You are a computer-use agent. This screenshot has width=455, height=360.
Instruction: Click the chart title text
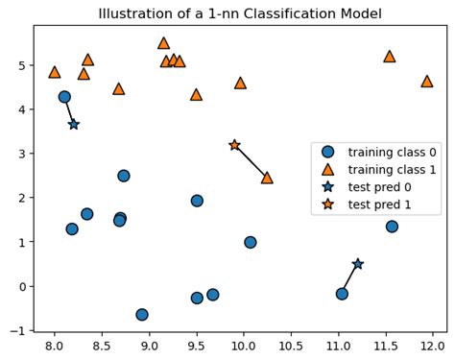point(240,13)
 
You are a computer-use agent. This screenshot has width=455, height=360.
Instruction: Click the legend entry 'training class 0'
point(379,152)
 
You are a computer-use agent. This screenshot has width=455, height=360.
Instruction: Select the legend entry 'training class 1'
point(379,169)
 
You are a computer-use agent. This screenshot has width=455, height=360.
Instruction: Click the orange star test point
point(234,145)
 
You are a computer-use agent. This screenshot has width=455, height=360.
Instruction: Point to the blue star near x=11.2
point(357,263)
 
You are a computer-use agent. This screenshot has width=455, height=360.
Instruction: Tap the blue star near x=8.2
point(74,124)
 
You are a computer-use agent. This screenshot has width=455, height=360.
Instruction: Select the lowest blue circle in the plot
point(142,314)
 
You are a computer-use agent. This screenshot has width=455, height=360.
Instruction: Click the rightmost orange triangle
point(426,82)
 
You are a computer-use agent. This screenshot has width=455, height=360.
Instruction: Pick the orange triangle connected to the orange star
point(267,178)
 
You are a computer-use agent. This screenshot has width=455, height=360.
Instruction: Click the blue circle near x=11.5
point(392,227)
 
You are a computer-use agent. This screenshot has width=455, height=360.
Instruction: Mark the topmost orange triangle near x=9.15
point(163,43)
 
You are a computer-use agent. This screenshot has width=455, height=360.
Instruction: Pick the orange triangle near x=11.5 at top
point(389,57)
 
